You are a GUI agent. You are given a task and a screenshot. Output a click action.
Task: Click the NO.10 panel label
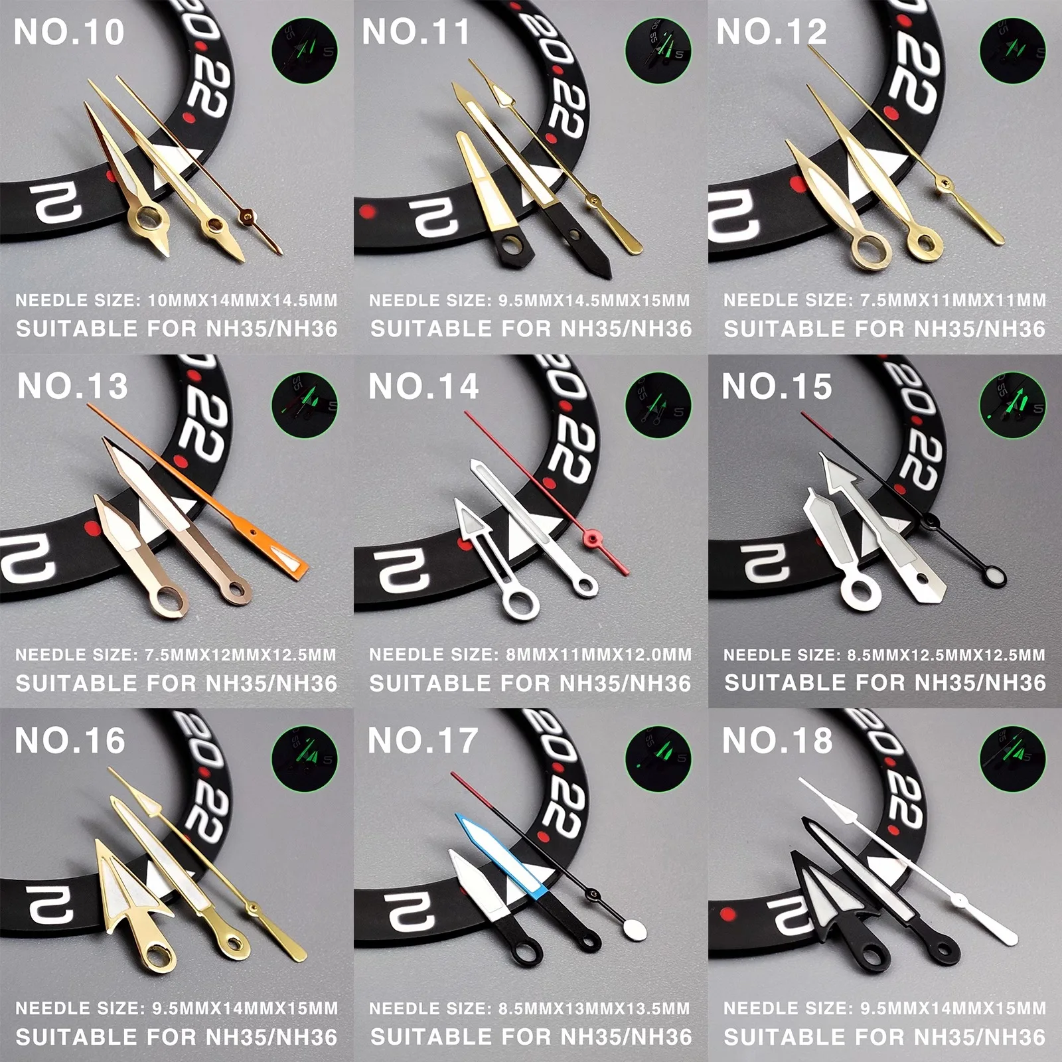69,32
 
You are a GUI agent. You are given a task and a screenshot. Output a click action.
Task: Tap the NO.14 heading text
423,386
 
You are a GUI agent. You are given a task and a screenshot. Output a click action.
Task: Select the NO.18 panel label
777,740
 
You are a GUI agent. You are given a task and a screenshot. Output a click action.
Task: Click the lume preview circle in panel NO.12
1012,50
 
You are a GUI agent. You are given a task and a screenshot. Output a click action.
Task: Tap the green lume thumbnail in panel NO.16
305,759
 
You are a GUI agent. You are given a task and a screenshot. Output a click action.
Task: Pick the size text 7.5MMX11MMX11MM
952,301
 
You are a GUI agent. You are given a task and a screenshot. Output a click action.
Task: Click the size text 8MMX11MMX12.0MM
598,655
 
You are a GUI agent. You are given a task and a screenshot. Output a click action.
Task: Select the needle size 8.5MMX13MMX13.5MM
594,1009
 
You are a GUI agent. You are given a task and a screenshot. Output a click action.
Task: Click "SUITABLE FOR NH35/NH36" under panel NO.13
177,684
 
